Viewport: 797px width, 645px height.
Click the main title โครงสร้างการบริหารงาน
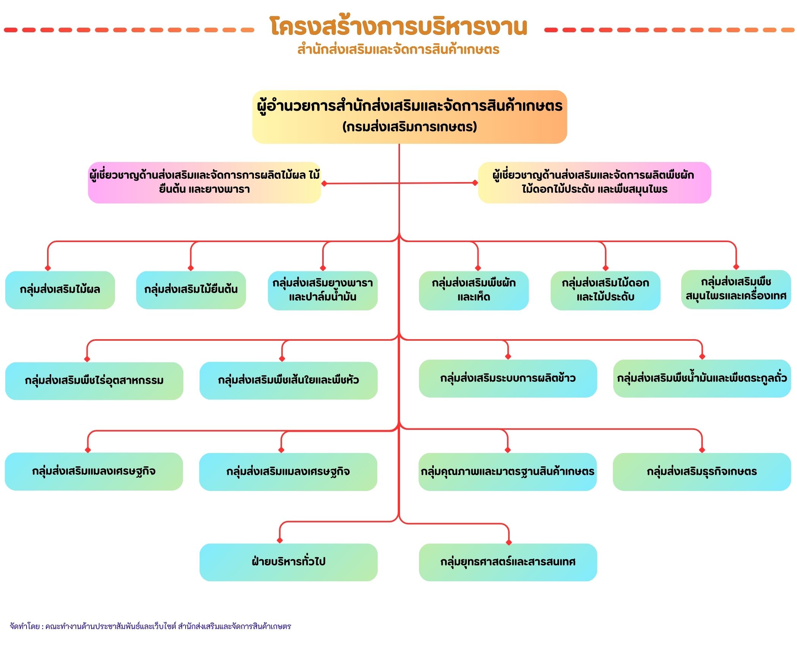tap(398, 27)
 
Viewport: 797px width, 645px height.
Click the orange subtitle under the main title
tap(398, 49)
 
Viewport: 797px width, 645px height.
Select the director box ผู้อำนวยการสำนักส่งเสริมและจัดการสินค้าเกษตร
tap(410, 116)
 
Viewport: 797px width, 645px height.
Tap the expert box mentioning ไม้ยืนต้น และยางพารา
tap(204, 182)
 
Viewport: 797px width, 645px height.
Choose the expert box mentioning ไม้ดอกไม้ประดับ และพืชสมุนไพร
tap(594, 182)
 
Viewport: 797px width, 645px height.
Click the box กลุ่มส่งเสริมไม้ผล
tap(60, 290)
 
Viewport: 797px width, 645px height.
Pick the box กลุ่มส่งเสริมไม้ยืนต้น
tap(191, 290)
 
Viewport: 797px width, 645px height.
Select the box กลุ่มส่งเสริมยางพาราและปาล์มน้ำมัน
tap(323, 290)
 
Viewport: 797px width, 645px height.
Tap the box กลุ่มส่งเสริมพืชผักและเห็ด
tap(474, 290)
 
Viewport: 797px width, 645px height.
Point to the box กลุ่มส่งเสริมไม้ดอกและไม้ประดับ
tap(605, 290)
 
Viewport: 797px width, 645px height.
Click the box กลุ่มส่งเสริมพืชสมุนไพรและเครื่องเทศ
tap(736, 289)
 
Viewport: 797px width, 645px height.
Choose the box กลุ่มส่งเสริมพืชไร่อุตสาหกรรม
tap(94, 381)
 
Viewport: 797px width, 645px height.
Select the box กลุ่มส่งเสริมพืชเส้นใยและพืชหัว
tap(288, 380)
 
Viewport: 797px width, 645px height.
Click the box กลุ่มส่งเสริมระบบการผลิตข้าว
tap(508, 378)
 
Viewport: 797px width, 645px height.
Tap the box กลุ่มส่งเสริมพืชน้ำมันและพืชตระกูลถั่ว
tap(702, 378)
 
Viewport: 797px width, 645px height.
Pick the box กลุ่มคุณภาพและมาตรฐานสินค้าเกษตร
tap(507, 472)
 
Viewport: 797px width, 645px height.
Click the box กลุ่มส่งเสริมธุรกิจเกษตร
tap(702, 472)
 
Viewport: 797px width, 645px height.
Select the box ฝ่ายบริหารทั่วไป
tap(288, 562)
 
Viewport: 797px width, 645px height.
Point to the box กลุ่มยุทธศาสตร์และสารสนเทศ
tap(508, 562)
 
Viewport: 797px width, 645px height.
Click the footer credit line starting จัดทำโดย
tap(150, 626)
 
